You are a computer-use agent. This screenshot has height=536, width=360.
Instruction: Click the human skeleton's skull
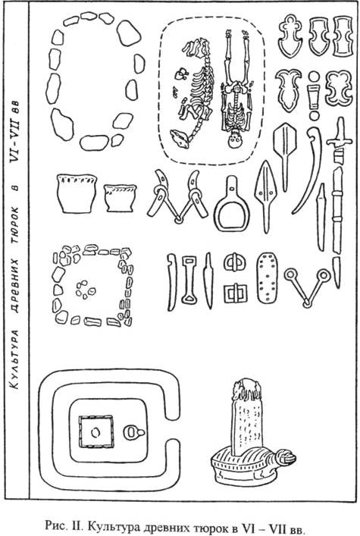pyautogui.click(x=234, y=139)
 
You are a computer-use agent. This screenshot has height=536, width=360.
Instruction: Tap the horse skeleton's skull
pyautogui.click(x=180, y=138)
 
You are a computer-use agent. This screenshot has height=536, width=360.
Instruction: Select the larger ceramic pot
pyautogui.click(x=77, y=193)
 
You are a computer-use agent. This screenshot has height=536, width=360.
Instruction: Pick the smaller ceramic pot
pyautogui.click(x=120, y=199)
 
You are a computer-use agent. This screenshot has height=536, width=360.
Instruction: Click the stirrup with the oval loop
pyautogui.click(x=231, y=208)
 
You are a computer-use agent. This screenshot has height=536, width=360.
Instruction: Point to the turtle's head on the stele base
pyautogui.click(x=286, y=458)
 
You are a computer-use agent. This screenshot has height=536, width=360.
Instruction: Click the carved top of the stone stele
pyautogui.click(x=246, y=390)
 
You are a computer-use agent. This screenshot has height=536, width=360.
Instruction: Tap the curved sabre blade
pyautogui.click(x=308, y=171)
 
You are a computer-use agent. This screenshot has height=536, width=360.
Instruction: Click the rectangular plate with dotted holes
pyautogui.click(x=267, y=278)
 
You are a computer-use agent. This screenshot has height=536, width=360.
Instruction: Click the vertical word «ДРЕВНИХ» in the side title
pyautogui.click(x=15, y=285)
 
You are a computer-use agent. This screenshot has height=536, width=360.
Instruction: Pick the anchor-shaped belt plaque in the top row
pyautogui.click(x=290, y=36)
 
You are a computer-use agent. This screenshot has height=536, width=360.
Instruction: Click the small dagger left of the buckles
pyautogui.click(x=208, y=281)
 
